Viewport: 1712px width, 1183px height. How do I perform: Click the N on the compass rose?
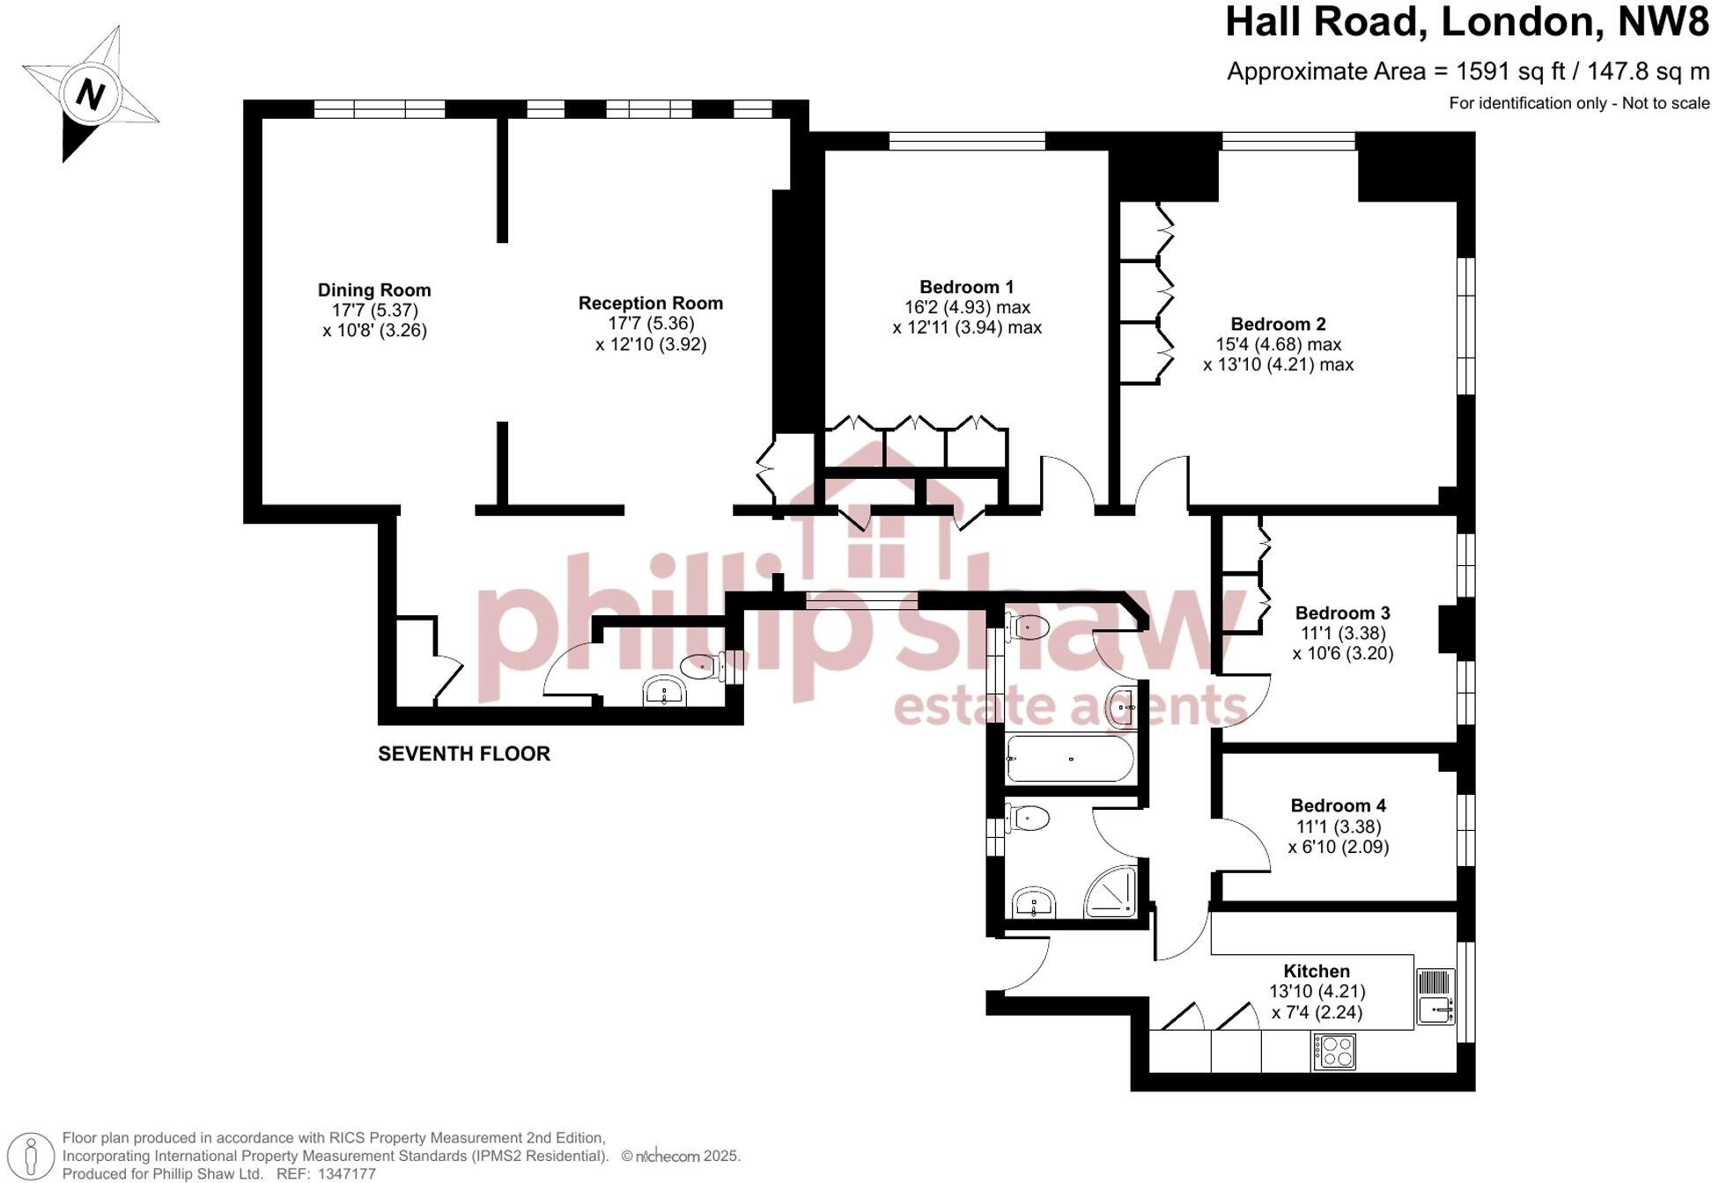click(90, 93)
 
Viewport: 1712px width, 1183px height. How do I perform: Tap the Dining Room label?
click(374, 290)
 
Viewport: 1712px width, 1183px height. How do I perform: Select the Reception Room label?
click(650, 303)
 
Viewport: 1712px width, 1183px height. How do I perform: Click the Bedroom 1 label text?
click(966, 287)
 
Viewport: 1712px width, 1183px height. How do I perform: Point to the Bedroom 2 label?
click(1278, 324)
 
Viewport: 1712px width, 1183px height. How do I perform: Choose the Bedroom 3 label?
click(1342, 613)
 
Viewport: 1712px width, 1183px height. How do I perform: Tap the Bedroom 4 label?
click(1338, 805)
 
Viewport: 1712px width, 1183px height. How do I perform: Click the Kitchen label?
click(1316, 971)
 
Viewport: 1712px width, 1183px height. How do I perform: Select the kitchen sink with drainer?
click(1435, 997)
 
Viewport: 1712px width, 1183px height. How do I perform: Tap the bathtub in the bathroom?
click(1069, 759)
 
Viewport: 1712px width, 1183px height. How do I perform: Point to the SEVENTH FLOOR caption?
click(464, 753)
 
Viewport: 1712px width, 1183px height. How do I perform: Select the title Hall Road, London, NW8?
click(1466, 22)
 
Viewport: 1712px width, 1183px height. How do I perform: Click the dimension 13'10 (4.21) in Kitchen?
click(1316, 991)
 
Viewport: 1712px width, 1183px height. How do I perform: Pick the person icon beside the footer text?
click(32, 1156)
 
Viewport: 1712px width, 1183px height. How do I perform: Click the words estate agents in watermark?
click(1070, 707)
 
